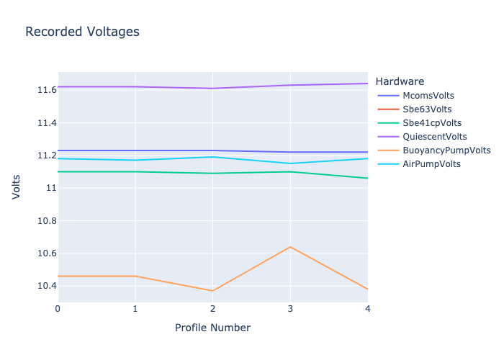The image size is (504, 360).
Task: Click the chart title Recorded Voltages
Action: (82, 32)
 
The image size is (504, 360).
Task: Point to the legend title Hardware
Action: (400, 81)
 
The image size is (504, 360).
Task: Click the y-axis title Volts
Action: (16, 187)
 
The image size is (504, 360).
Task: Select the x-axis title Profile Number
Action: (212, 328)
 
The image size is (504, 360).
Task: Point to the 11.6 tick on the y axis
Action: (47, 90)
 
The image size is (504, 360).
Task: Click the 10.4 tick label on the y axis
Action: (47, 286)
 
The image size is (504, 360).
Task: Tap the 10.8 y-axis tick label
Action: (47, 221)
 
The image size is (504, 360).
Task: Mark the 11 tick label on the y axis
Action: (51, 188)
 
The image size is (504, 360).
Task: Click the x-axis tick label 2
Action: (212, 309)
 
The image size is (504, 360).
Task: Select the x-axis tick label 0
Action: (58, 309)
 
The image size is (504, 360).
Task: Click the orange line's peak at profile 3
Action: (290, 247)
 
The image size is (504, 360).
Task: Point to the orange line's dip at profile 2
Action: (212, 291)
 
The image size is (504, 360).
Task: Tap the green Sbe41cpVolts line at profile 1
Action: (135, 171)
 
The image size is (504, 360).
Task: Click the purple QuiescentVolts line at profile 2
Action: (212, 89)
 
